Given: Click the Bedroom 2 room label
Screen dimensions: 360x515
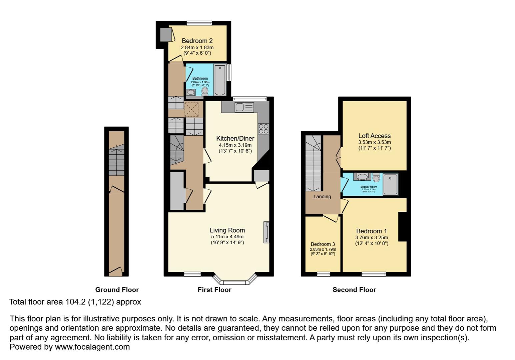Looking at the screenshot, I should coord(197,41).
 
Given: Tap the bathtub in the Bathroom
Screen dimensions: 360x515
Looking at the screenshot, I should coord(220,80).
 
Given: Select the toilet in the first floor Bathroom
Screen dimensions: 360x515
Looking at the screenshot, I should coord(205,91).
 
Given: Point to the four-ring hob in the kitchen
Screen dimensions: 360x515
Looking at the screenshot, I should coord(263,128).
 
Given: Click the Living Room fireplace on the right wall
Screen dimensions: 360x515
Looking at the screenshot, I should coord(266,232).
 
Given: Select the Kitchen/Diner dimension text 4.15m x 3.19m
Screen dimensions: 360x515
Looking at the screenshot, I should coord(235,145).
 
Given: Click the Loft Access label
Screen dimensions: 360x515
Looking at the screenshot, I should coord(374,136).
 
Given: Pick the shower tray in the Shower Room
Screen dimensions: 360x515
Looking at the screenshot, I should coord(390,184).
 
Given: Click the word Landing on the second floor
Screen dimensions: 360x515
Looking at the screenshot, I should coord(322,196).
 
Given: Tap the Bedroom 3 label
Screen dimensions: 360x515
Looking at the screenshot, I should coord(323,244).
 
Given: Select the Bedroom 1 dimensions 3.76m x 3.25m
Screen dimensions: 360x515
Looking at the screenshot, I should coord(372,238).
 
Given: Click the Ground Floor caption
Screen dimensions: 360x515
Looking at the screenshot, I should coord(117,290).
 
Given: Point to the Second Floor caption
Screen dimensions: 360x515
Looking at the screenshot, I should coord(354,290).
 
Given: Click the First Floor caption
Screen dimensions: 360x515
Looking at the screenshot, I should coord(214,290).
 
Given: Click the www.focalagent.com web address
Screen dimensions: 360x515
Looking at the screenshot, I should coord(92,347).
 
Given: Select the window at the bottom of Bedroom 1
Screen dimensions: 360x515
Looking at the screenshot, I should coord(374,274).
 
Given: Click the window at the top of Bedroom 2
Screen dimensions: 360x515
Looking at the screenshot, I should coord(199,23).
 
